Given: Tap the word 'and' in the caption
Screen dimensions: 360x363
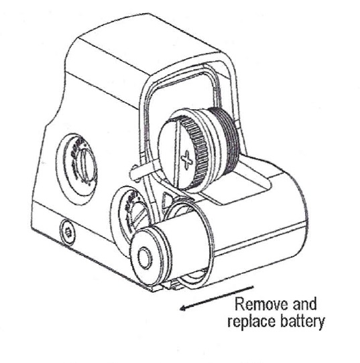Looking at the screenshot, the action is click(304, 304).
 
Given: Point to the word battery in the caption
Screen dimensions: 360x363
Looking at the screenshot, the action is click(302, 321).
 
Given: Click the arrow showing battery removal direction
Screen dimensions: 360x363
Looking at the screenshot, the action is click(217, 298).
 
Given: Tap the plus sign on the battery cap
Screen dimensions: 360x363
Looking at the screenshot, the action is click(187, 159).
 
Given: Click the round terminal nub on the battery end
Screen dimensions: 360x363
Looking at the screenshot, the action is click(145, 257).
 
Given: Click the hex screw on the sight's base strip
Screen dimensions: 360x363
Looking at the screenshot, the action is click(68, 232).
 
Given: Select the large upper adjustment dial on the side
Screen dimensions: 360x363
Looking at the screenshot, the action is click(76, 169).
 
